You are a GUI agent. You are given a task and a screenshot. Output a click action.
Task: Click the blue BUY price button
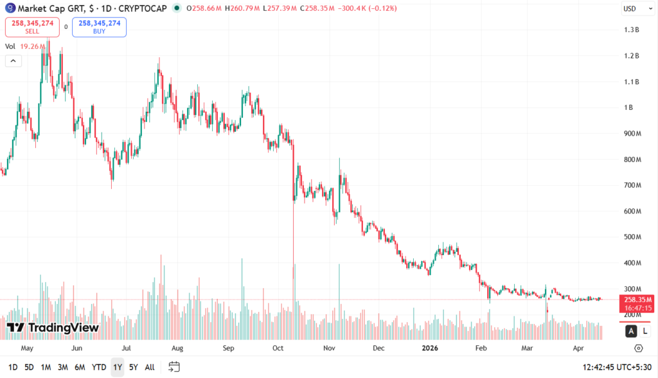pos(99,27)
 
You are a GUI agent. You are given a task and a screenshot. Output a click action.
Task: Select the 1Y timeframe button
pos(117,367)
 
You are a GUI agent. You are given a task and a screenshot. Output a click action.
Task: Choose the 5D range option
pos(29,367)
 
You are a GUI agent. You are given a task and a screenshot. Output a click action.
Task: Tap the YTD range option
pos(99,367)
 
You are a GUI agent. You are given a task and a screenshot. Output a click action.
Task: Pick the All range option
pos(150,367)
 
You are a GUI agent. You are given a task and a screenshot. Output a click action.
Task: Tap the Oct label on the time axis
pos(278,348)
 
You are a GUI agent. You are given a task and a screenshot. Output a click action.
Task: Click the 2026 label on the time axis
pos(429,348)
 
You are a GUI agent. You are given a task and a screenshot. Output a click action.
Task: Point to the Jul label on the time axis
pos(126,348)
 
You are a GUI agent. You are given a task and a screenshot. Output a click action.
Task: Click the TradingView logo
pos(53,328)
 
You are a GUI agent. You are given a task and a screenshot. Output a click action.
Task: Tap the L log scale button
pos(645,330)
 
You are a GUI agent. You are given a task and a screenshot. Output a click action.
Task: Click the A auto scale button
pos(632,330)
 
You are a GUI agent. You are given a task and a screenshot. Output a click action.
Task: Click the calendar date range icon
pos(174,367)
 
